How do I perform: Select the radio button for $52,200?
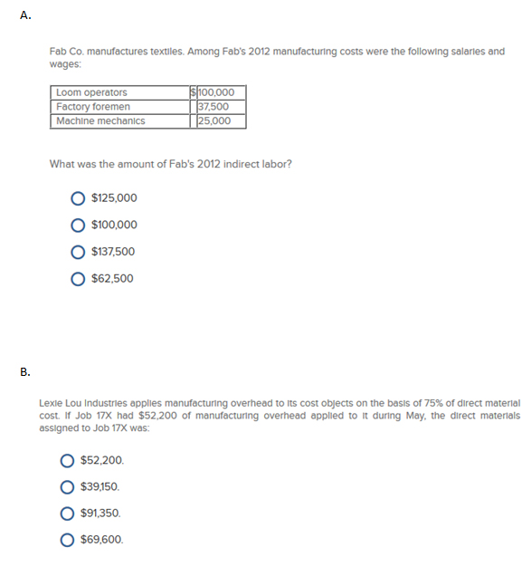[x=67, y=460]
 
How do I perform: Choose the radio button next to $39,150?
[x=67, y=486]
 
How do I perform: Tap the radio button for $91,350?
[x=67, y=514]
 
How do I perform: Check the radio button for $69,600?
[x=67, y=540]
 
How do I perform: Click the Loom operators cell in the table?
[x=91, y=92]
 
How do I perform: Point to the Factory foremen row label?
[x=93, y=107]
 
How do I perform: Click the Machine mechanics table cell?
[x=100, y=120]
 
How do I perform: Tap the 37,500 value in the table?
[x=214, y=107]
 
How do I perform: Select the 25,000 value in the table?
[x=214, y=120]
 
